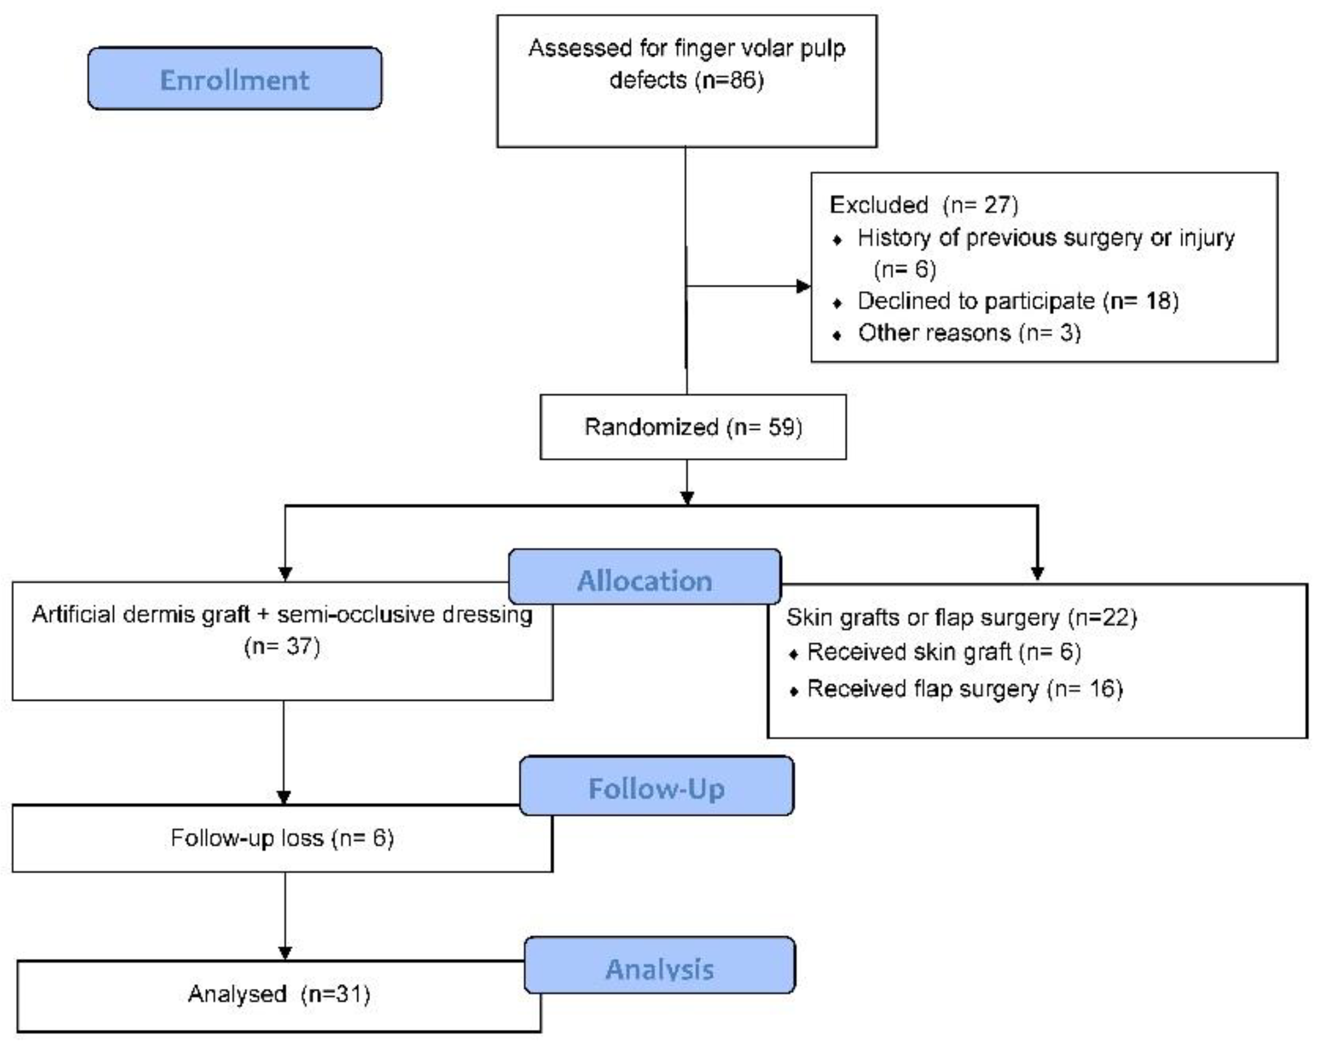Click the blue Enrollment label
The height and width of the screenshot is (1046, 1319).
(234, 80)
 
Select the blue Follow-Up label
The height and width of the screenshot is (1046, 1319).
(657, 788)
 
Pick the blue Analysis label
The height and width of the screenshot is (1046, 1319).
(659, 968)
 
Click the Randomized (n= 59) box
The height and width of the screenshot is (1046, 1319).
(692, 427)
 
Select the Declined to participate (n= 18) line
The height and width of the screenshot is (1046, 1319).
(1017, 301)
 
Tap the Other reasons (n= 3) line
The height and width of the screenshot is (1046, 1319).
(969, 333)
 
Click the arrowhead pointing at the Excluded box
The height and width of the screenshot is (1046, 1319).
(803, 286)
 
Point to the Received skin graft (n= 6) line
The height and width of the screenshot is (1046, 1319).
(944, 652)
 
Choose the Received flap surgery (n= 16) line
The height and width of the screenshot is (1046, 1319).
(964, 689)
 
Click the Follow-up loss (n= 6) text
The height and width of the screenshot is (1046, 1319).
(282, 837)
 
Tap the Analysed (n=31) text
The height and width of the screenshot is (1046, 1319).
(279, 994)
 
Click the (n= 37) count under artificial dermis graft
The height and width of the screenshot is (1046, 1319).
(282, 646)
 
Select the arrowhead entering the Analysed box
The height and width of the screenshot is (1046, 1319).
(285, 953)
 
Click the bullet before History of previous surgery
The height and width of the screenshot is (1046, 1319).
(837, 240)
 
